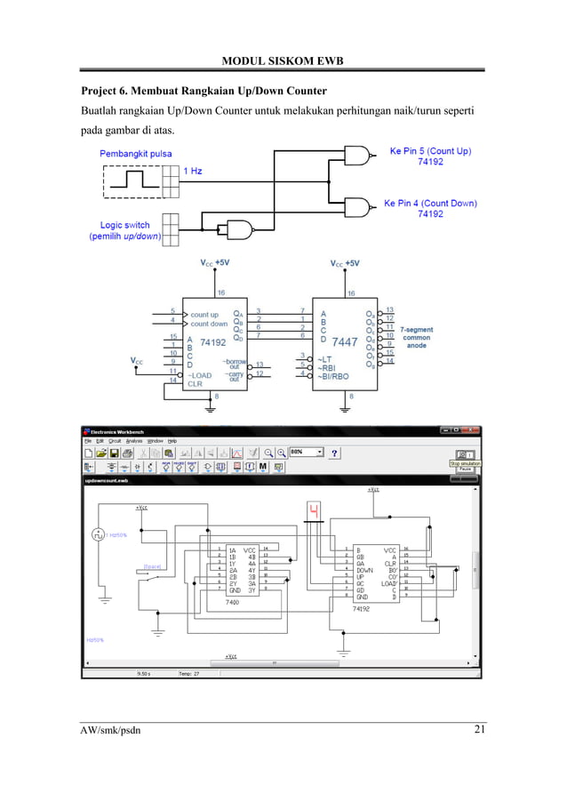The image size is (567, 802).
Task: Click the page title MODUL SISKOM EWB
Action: point(283,60)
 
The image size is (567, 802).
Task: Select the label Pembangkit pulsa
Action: point(135,154)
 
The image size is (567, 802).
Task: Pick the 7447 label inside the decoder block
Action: point(344,341)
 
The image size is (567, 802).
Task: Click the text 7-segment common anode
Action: point(417,337)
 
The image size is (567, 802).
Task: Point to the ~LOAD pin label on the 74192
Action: point(201,375)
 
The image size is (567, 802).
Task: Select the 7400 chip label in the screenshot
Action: point(232,602)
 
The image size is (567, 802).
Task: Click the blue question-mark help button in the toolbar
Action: point(334,453)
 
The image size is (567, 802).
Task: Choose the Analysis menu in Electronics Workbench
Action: point(133,441)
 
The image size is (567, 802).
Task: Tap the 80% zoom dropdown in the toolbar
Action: point(307,453)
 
